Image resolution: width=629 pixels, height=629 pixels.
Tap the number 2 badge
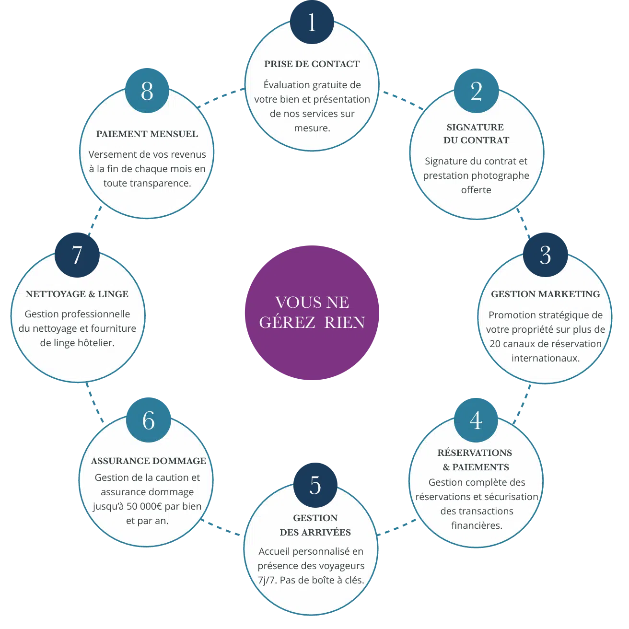476,91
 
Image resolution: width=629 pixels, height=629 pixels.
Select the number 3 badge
545,255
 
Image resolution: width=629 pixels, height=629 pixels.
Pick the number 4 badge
476,420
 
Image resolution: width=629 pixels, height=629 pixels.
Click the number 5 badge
315,485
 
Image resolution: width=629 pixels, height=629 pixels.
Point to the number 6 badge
149,420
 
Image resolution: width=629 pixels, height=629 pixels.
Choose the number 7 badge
77,255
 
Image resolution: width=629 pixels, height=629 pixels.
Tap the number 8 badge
147,91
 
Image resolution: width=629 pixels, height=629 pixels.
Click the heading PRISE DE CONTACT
312,64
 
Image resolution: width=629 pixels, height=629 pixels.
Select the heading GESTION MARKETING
545,294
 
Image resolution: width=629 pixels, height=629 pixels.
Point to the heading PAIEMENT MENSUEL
147,134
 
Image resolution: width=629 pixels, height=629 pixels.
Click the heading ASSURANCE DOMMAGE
148,461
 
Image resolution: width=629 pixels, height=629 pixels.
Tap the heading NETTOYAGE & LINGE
77,294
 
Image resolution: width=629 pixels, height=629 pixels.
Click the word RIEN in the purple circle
344,323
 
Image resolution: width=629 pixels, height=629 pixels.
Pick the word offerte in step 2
476,190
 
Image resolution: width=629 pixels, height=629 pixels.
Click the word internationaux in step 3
545,358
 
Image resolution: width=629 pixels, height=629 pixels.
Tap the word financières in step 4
476,525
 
